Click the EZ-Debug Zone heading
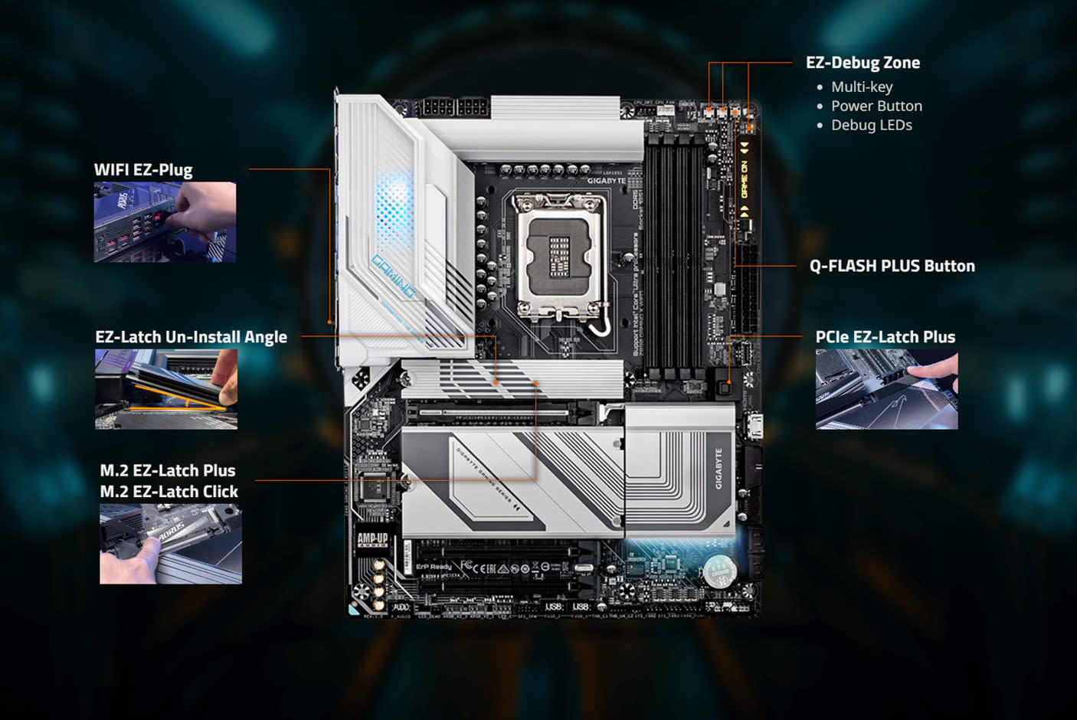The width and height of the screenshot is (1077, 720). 863,63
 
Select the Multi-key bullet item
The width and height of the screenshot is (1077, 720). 862,87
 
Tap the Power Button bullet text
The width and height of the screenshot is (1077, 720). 876,106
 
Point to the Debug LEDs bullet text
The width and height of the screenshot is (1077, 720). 871,125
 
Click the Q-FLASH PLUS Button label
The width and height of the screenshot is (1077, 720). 892,266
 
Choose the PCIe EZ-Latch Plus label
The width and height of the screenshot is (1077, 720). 885,337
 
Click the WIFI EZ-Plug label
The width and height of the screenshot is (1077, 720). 143,170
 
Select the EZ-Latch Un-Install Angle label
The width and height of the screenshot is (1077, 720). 191,337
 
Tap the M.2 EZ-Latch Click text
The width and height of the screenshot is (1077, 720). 169,492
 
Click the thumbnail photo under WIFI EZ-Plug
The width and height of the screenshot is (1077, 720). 165,222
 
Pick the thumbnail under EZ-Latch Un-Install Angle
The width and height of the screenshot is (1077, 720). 166,389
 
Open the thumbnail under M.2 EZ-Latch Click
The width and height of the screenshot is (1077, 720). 171,544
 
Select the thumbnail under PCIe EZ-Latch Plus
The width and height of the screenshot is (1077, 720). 886,389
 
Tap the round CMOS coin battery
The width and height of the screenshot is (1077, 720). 719,570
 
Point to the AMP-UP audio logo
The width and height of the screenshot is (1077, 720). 372,541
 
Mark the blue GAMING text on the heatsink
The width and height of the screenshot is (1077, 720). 394,276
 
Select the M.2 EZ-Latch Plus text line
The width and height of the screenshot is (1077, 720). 167,470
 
